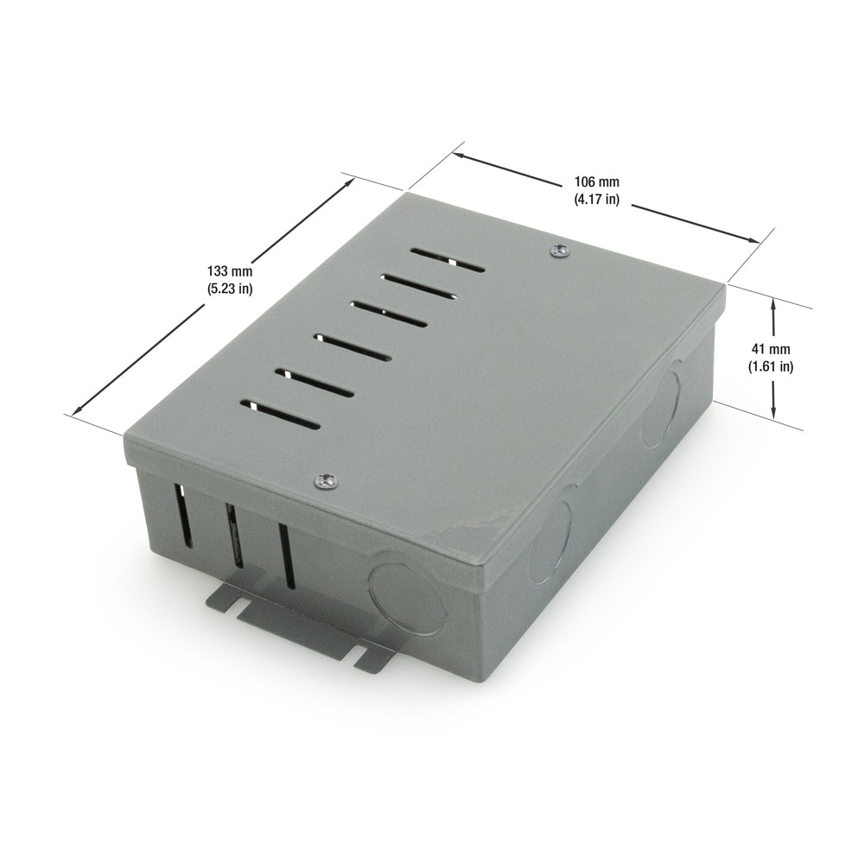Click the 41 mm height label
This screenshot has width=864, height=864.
coord(772,349)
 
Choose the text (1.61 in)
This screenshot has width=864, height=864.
coord(771,365)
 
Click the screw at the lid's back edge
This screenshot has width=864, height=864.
coord(560,251)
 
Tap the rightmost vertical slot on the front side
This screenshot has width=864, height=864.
coord(283,553)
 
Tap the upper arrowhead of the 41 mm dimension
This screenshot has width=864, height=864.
coord(774,303)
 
